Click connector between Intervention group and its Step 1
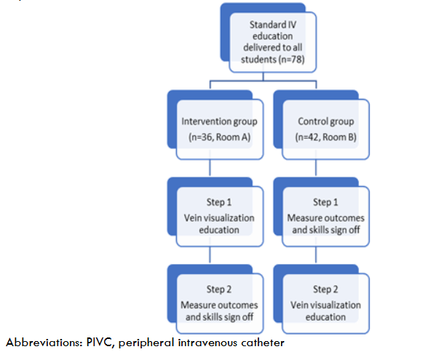pos(210,167)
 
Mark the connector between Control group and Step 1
pos(314,167)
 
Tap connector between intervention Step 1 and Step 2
pos(210,254)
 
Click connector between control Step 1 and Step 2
pos(314,254)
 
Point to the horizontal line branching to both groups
pos(262,80)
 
